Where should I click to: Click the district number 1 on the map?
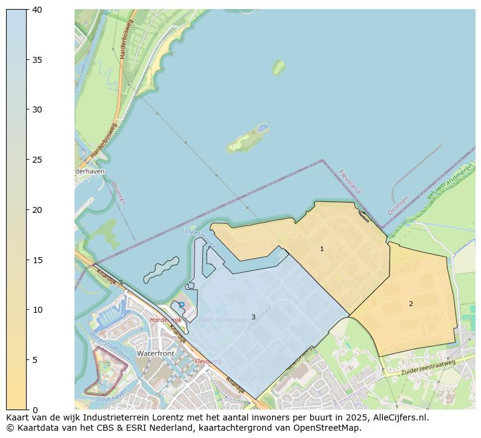[322, 249]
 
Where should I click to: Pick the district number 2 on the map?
[411, 304]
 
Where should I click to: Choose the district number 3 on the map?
[253, 317]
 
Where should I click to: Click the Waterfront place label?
[156, 353]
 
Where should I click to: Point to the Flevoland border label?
[350, 181]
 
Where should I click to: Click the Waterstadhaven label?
[110, 346]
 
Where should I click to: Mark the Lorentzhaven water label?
[198, 238]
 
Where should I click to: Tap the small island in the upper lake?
[279, 67]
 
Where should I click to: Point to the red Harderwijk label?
[165, 319]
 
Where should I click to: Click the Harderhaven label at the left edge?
[89, 171]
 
